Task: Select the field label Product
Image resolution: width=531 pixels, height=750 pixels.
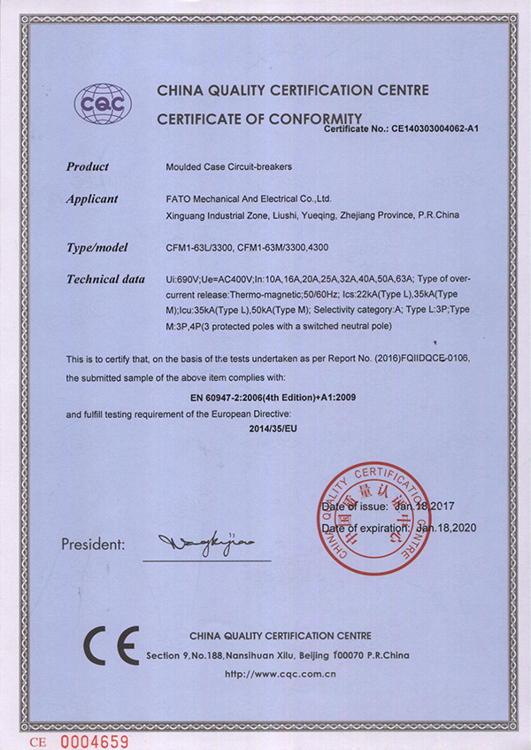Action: [88, 166]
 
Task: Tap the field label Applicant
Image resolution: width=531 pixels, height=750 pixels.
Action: [92, 199]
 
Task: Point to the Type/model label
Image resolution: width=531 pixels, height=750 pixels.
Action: [97, 247]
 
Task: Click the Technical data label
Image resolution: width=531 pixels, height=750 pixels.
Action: [105, 280]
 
